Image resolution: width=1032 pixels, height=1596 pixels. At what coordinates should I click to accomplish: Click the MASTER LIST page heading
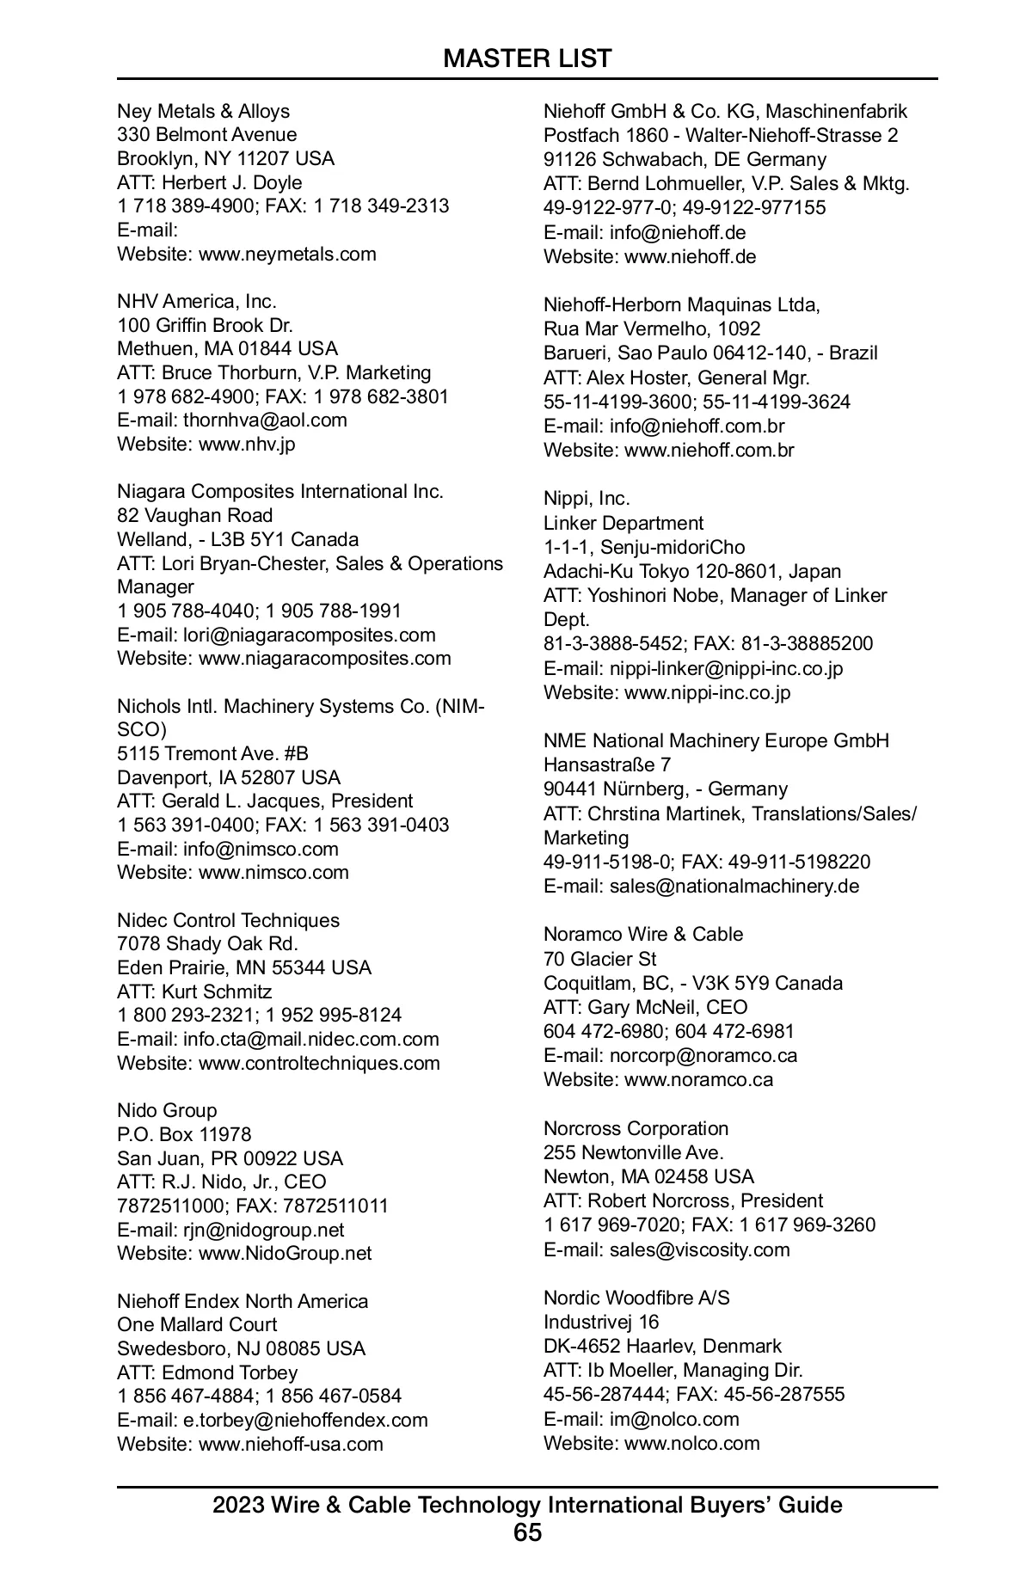coord(527,58)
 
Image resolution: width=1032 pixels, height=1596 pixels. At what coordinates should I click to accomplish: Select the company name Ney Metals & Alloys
coord(203,111)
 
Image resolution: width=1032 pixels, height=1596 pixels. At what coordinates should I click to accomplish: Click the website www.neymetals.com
coord(287,254)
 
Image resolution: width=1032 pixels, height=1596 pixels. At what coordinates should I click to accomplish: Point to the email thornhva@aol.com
coord(265,420)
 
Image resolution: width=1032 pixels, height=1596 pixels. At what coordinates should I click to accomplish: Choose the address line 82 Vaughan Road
coord(194,515)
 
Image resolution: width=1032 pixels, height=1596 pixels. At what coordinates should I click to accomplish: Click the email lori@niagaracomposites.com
coord(309,635)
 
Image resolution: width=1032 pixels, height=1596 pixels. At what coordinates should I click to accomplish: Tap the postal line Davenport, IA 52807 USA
coord(229,777)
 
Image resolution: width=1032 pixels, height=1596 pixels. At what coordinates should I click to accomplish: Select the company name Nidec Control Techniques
coord(228,920)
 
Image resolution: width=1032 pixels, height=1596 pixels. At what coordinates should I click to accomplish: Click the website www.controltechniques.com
coord(319,1063)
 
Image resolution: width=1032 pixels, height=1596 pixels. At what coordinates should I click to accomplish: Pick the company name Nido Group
coord(167,1110)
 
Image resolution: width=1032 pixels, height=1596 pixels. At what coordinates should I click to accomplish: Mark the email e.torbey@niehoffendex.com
coord(305,1420)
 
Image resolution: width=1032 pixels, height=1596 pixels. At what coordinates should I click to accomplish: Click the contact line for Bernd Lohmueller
coord(726,183)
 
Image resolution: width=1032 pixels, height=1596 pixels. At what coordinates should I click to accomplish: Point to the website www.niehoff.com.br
coord(709,450)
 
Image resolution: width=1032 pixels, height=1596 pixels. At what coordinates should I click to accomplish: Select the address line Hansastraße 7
coord(607,764)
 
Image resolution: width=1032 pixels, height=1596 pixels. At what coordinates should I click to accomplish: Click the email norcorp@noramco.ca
coord(703,1055)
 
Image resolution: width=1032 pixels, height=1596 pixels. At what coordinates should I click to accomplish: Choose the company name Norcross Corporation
coord(636,1128)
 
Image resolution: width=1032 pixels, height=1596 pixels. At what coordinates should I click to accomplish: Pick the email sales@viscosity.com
coord(699,1249)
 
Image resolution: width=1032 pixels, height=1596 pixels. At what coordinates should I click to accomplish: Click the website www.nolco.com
coord(691,1443)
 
